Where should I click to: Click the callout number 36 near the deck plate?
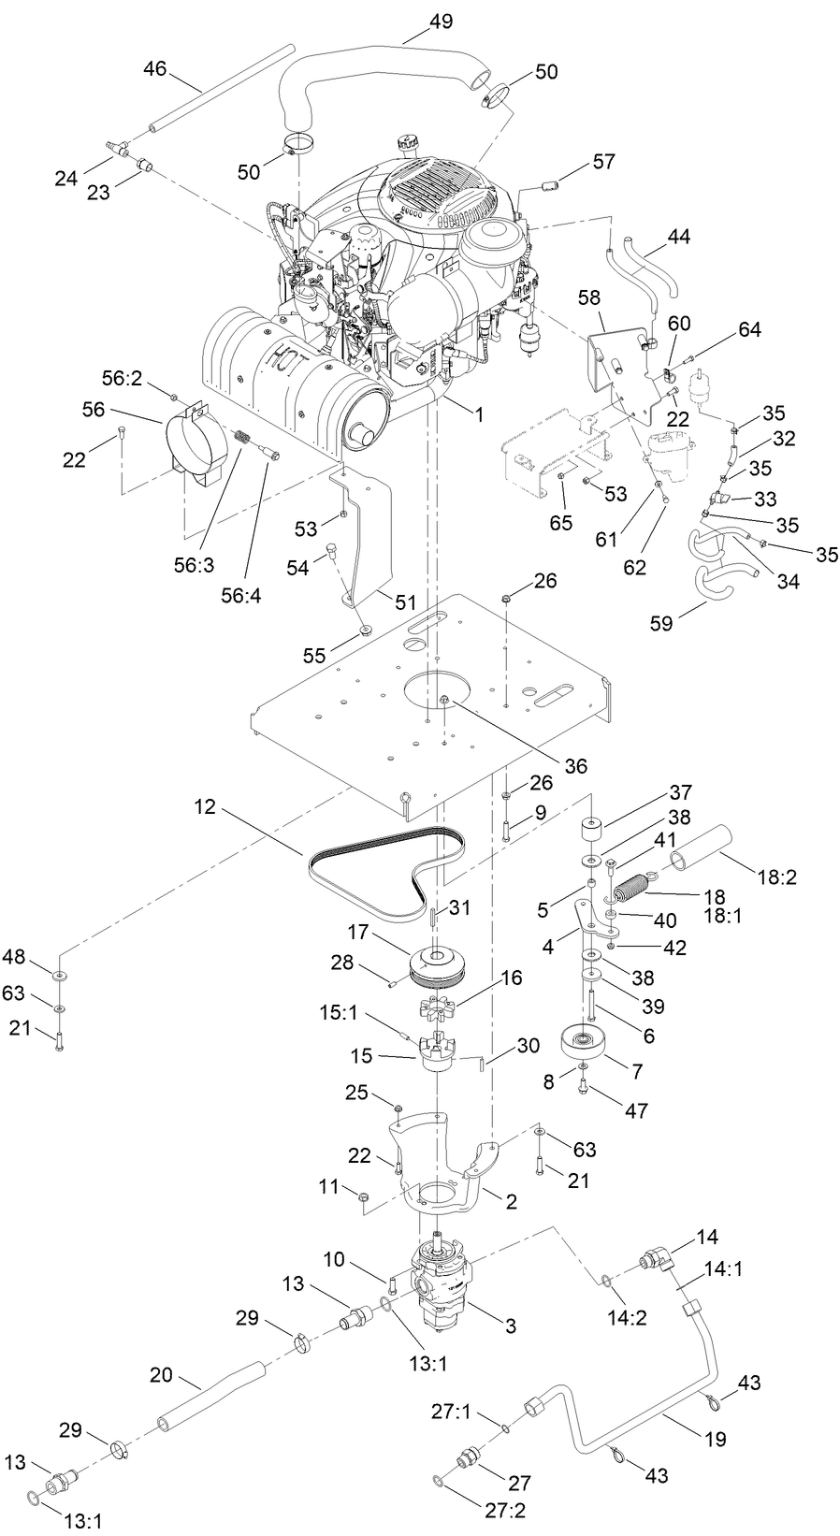(x=575, y=765)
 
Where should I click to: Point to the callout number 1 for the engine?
(x=478, y=413)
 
